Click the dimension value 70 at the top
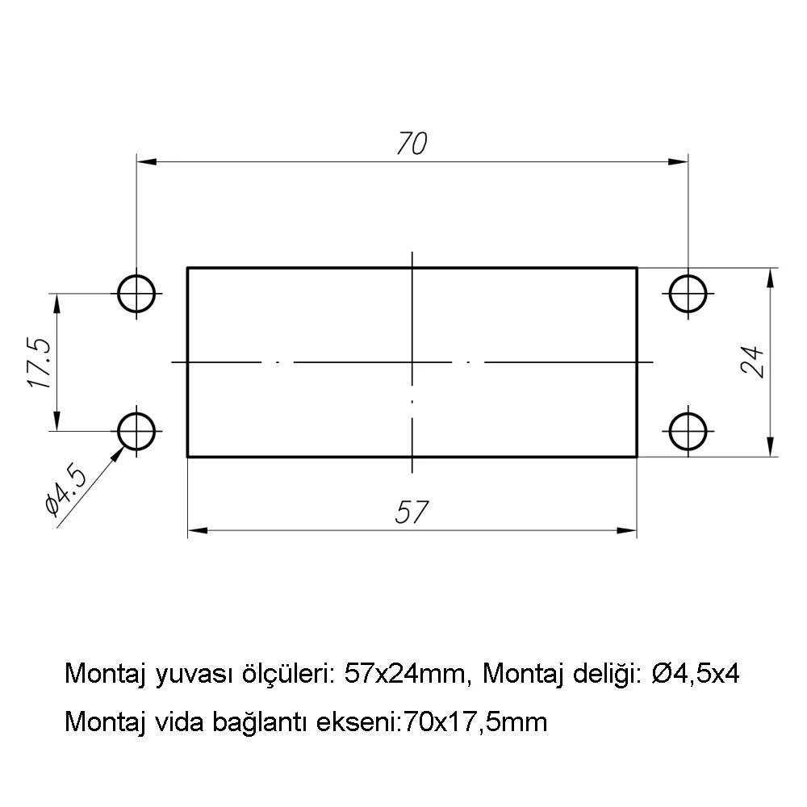coord(412,144)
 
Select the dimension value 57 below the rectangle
coord(412,512)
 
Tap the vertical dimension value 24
coord(752,362)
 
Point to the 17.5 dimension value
coord(39,363)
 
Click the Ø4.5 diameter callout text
coord(66,491)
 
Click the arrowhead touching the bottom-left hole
coord(119,454)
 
